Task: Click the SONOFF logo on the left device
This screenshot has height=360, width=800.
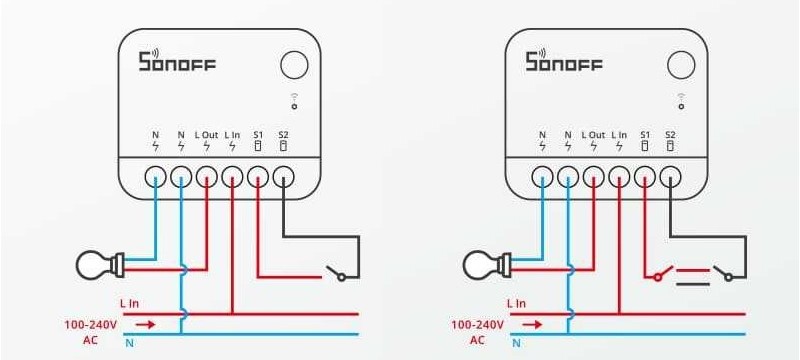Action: click(177, 60)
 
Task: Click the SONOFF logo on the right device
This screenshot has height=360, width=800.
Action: click(564, 60)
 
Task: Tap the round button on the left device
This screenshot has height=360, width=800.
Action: click(294, 65)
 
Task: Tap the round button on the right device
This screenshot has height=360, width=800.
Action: click(681, 65)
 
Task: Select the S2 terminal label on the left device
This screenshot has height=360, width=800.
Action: click(283, 135)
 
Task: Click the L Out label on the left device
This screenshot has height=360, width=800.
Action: click(207, 135)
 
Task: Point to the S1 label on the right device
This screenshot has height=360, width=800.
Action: click(645, 135)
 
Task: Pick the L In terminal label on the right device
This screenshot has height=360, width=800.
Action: click(619, 135)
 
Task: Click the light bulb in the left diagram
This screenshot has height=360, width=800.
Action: click(100, 265)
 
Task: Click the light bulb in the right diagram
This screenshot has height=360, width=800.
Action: click(487, 265)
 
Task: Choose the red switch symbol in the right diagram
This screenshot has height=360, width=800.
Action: click(663, 273)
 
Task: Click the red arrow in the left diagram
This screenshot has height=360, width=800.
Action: click(145, 324)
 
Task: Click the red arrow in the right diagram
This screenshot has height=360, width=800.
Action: click(532, 324)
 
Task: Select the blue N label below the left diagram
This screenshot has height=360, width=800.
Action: click(130, 343)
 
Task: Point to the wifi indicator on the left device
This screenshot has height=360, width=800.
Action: click(294, 101)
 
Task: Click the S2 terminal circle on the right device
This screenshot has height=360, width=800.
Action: click(670, 178)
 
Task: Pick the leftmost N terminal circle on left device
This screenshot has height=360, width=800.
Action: click(155, 178)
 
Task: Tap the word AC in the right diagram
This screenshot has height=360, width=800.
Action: click(477, 340)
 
